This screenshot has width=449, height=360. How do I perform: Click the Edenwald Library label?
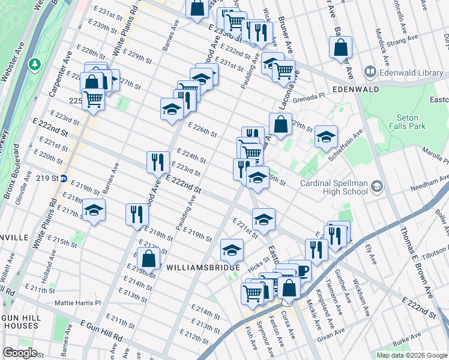pyautogui.click(x=403, y=73)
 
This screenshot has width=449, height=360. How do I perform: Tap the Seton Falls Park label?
pyautogui.click(x=411, y=122)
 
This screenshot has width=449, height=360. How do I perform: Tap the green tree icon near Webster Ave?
pyautogui.click(x=35, y=63)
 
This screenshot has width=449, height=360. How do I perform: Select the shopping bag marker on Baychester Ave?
pyautogui.click(x=340, y=48)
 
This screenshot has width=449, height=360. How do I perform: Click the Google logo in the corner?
pyautogui.click(x=20, y=353)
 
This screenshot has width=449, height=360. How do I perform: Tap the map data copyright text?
pyautogui.click(x=411, y=355)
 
